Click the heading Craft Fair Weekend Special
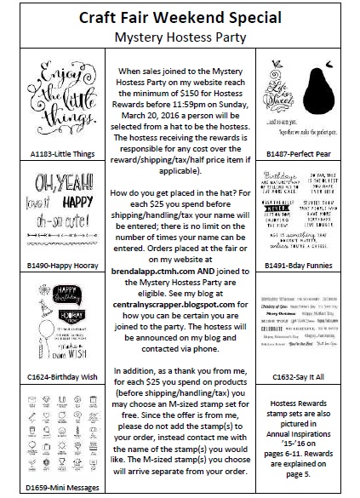point(180,18)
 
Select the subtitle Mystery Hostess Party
point(180,37)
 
